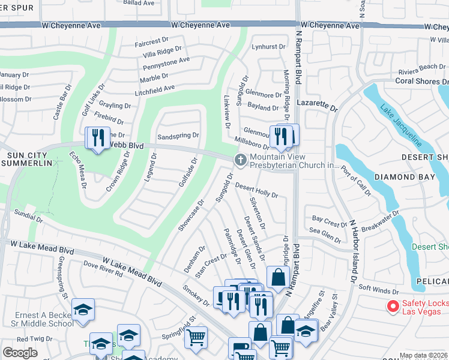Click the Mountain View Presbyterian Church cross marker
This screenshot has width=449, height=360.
pos(240,159)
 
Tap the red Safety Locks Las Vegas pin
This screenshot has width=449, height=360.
pos(394,307)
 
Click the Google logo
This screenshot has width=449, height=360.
pos(20,353)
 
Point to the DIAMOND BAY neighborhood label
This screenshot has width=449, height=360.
pos(403,178)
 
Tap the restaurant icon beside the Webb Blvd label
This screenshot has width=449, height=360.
pos(99,138)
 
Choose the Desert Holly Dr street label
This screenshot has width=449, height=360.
pos(256,190)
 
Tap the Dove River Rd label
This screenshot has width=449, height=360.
pos(103,269)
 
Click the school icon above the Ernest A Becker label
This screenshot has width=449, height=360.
pos(83,310)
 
